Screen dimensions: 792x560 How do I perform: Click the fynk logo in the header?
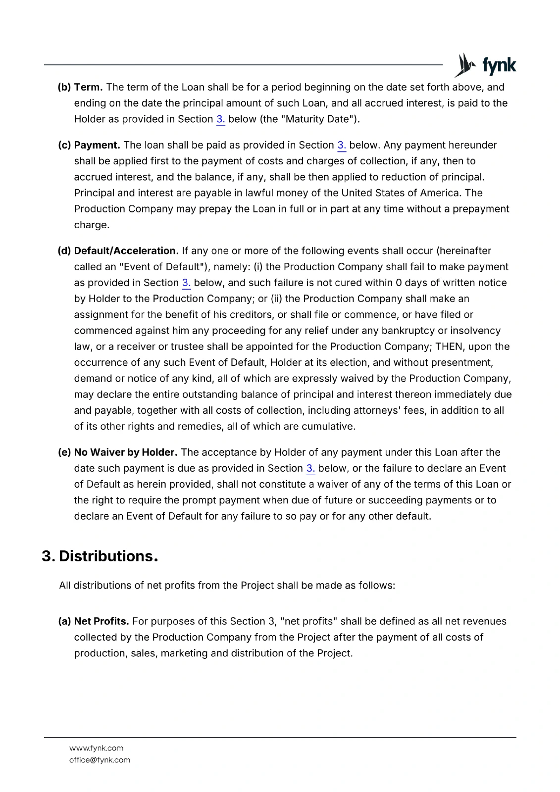(485, 65)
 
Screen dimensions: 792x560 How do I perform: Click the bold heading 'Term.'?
(88, 88)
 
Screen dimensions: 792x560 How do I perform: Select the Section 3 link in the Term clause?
(221, 119)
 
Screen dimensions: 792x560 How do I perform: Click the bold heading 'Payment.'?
(97, 146)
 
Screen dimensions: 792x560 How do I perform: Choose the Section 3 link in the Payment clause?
(342, 146)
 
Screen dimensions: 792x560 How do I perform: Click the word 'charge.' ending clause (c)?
(92, 225)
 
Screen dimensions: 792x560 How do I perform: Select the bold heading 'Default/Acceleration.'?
(126, 251)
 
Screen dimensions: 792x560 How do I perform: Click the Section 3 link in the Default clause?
(186, 283)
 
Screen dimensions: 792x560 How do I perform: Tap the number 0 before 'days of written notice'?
(399, 283)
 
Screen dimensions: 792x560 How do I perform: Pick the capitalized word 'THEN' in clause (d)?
(449, 346)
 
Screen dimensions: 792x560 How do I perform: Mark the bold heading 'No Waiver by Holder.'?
(126, 452)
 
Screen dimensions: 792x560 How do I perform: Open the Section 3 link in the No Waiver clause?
(310, 469)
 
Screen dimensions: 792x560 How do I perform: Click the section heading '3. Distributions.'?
(100, 556)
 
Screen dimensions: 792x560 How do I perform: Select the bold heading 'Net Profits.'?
(102, 622)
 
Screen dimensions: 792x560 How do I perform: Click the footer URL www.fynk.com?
(97, 748)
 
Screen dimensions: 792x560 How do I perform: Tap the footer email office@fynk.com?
(100, 760)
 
